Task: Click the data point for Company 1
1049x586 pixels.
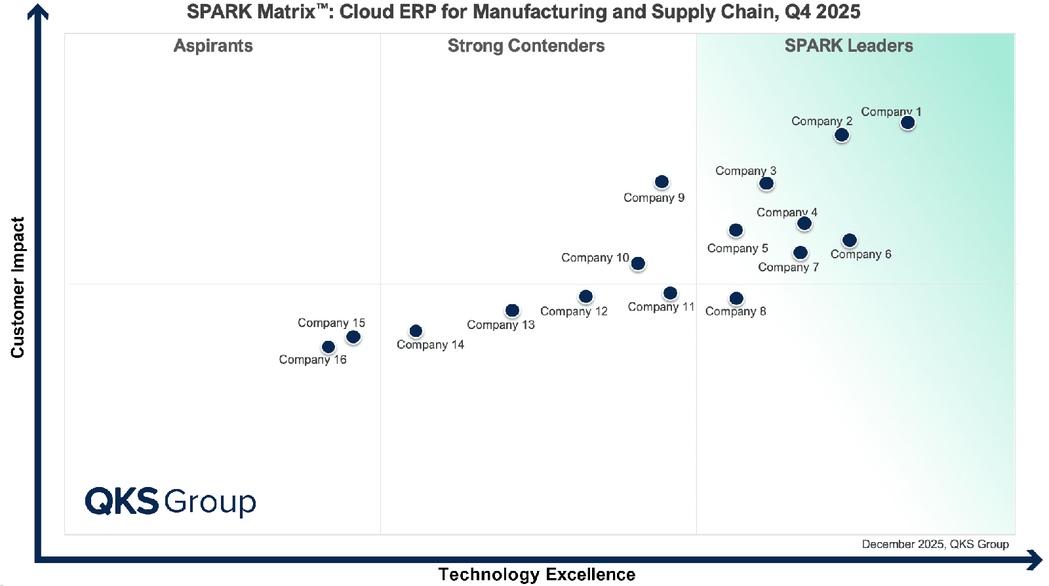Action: pyautogui.click(x=907, y=123)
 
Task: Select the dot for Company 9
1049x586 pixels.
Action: pyautogui.click(x=662, y=182)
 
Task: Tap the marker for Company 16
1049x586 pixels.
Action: pyautogui.click(x=328, y=347)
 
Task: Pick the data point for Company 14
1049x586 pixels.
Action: pyautogui.click(x=416, y=331)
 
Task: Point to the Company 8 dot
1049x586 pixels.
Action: pyautogui.click(x=736, y=298)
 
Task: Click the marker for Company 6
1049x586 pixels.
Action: pyautogui.click(x=849, y=241)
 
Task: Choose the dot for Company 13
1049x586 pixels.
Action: pyautogui.click(x=512, y=310)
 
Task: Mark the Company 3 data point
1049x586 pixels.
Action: pyautogui.click(x=766, y=184)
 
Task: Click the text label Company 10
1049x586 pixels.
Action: pyautogui.click(x=595, y=258)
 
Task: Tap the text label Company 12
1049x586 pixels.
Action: pyautogui.click(x=574, y=311)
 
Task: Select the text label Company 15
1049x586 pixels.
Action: pyautogui.click(x=331, y=322)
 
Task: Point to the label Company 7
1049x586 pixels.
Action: pyautogui.click(x=788, y=267)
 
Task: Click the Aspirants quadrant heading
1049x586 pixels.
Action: pyautogui.click(x=213, y=46)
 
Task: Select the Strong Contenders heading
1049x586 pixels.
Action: pyautogui.click(x=526, y=46)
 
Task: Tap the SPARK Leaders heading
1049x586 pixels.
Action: pyautogui.click(x=848, y=46)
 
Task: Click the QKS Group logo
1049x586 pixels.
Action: pyautogui.click(x=170, y=501)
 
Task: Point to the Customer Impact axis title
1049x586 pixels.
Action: pyautogui.click(x=18, y=287)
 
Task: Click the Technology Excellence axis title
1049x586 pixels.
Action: pyautogui.click(x=536, y=574)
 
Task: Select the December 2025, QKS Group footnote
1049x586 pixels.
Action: pyautogui.click(x=935, y=544)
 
